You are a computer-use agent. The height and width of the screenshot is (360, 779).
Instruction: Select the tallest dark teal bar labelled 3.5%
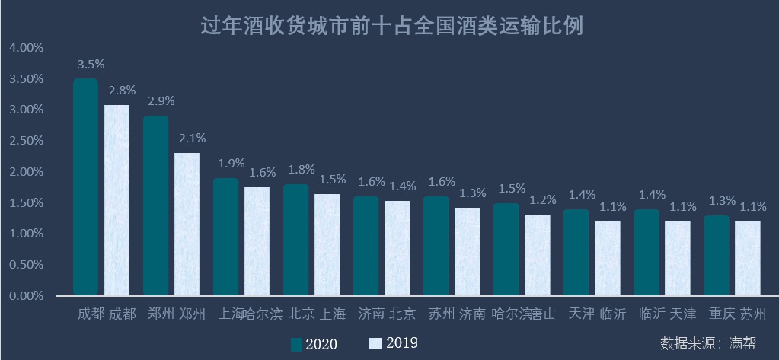[x=85, y=186]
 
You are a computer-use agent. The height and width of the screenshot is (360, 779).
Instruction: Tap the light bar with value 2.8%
[x=117, y=200]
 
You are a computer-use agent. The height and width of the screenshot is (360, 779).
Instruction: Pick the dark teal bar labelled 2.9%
[x=155, y=205]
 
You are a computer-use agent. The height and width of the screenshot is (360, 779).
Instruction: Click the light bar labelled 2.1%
[x=187, y=224]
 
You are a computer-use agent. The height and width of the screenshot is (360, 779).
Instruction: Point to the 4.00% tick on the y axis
[x=27, y=48]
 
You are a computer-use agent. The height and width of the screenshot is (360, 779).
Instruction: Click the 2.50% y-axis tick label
[x=27, y=141]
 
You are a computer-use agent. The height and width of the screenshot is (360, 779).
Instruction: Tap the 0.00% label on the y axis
[x=27, y=295]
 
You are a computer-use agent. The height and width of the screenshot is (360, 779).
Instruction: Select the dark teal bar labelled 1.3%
[x=716, y=255]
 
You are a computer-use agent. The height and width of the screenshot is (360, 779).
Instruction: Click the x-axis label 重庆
[x=722, y=314]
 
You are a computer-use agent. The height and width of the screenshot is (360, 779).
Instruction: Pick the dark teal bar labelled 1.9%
[x=225, y=237]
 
